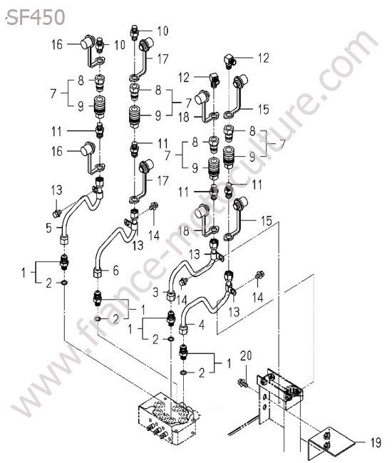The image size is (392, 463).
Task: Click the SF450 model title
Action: click(x=36, y=17)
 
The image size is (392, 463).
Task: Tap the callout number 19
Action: click(x=376, y=442)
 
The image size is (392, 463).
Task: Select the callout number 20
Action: click(x=245, y=355)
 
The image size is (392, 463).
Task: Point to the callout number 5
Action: click(x=48, y=228)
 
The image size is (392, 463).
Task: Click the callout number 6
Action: click(x=115, y=270)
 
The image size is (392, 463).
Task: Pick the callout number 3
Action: click(x=155, y=293)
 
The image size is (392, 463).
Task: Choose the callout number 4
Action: click(x=202, y=325)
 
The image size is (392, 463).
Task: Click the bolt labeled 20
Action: click(x=242, y=383)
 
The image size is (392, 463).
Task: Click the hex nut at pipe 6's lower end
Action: click(x=98, y=273)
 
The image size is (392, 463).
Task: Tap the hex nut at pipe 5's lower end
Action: click(x=64, y=239)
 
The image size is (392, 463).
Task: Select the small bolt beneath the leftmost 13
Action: click(x=56, y=212)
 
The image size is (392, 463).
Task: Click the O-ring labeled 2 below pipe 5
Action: click(x=64, y=283)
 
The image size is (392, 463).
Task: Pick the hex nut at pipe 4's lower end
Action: click(x=184, y=330)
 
